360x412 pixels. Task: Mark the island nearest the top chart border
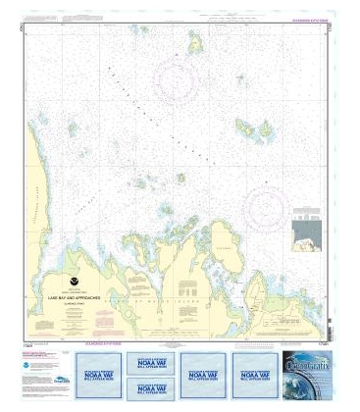[x=194, y=42]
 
